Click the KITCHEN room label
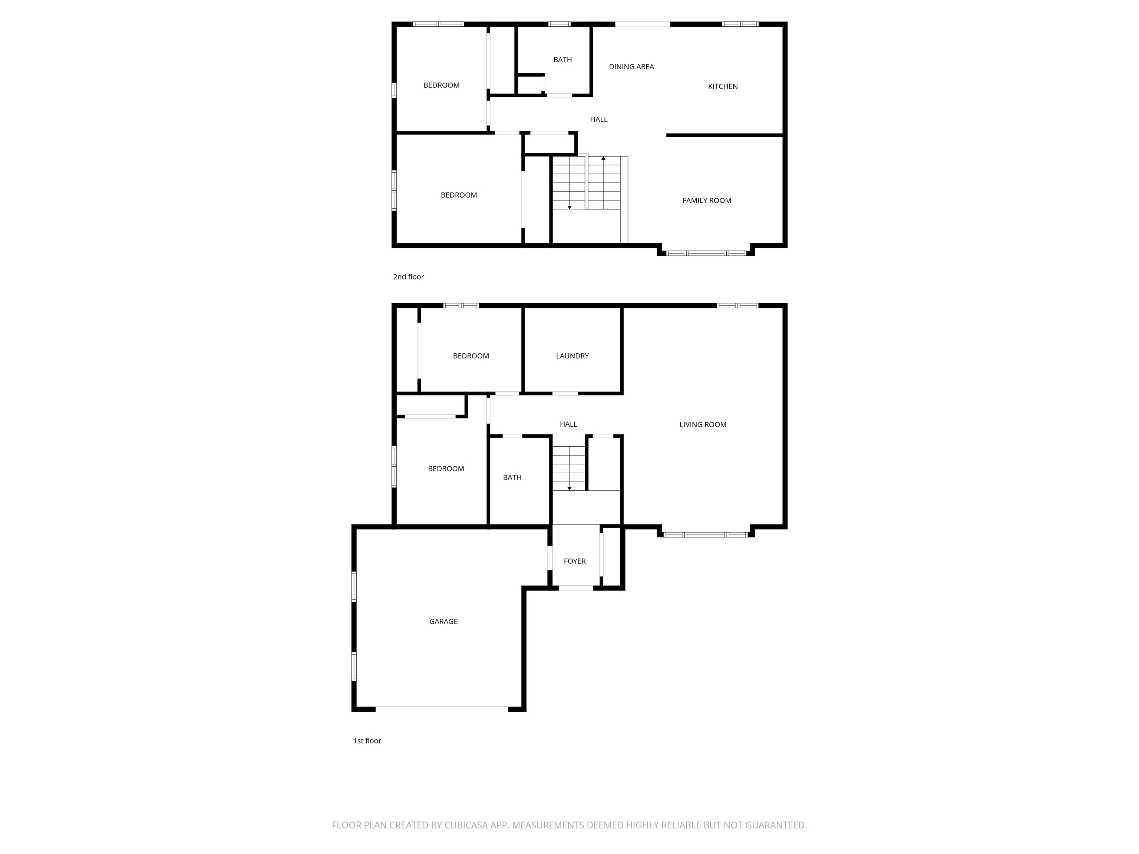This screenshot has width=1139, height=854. [722, 86]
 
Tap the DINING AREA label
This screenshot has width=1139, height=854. [631, 67]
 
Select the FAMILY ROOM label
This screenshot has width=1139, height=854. [706, 201]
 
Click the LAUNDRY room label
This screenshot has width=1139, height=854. [572, 356]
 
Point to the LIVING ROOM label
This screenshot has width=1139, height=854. [702, 425]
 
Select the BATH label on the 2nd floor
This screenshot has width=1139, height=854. [562, 60]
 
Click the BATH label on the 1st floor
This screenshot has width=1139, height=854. [512, 478]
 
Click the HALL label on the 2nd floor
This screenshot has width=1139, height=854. [598, 119]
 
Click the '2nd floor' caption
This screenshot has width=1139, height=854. [408, 277]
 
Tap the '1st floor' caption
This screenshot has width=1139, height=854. [367, 741]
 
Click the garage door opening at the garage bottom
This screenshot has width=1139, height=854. [442, 709]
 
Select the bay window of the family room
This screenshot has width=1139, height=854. [706, 253]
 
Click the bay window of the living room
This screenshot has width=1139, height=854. [706, 535]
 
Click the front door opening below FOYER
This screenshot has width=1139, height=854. [576, 588]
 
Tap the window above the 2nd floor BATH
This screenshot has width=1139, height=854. [559, 24]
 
